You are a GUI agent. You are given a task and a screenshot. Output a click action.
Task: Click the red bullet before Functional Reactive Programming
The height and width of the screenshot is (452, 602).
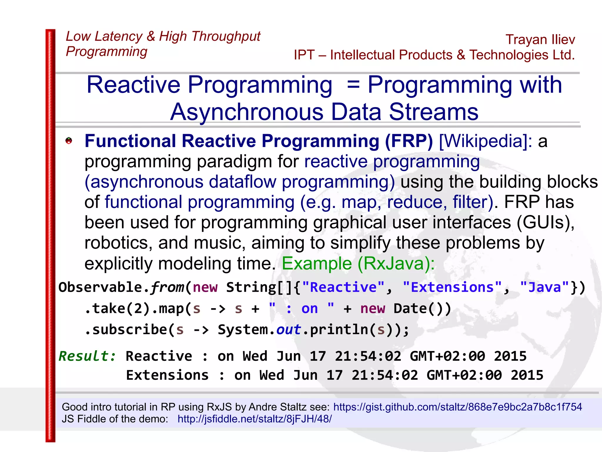point(69,141)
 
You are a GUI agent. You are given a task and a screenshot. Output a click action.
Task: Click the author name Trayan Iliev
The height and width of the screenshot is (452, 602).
point(540,40)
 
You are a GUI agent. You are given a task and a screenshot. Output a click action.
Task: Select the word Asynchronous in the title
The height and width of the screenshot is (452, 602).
point(247,112)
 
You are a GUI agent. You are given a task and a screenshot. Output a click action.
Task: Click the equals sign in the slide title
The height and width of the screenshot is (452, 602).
point(353,85)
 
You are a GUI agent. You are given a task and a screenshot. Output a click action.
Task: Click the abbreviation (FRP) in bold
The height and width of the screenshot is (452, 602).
point(409,141)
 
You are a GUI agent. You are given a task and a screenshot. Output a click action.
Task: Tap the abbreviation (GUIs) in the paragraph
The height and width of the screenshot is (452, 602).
point(545,222)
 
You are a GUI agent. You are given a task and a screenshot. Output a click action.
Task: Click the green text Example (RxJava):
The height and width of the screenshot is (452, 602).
point(358,263)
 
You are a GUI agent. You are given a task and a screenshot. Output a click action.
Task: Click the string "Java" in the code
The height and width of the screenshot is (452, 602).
point(544,287)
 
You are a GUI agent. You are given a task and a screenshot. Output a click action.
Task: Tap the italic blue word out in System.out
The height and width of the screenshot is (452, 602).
point(288,330)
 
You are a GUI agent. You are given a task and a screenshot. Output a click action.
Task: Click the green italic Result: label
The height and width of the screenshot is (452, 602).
point(87,356)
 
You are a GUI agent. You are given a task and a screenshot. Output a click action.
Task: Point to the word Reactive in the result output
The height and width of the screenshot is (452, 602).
point(159,356)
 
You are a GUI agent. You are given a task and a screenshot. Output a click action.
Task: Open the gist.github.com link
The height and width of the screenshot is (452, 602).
point(457,407)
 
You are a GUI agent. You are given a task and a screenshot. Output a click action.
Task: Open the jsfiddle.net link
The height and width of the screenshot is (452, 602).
point(255,419)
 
